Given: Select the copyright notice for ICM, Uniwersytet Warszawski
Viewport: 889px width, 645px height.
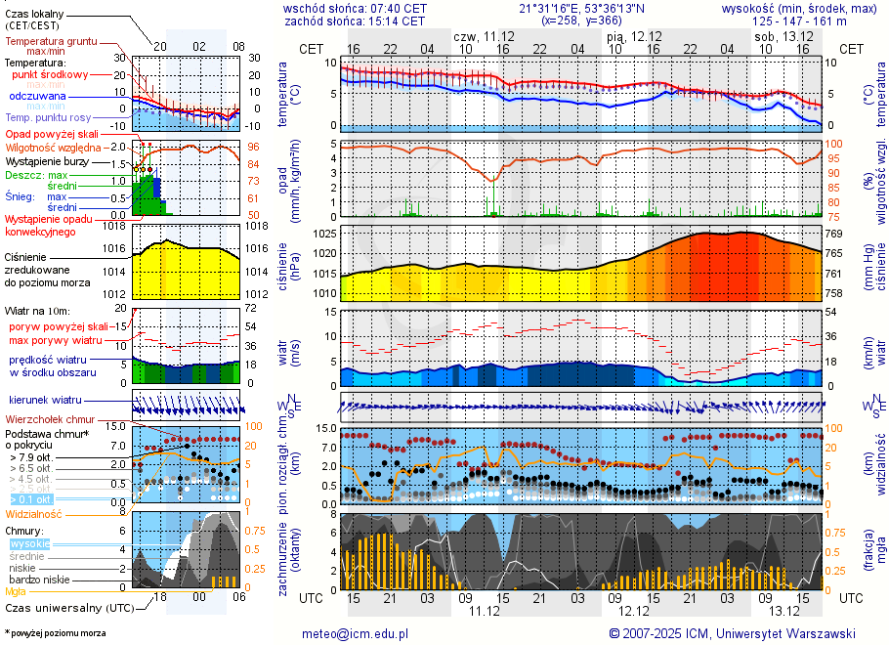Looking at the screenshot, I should (x=732, y=633).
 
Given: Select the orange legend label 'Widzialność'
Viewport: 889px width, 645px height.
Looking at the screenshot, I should (x=34, y=512).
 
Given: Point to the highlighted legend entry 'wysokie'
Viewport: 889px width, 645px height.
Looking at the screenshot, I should (x=29, y=542).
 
